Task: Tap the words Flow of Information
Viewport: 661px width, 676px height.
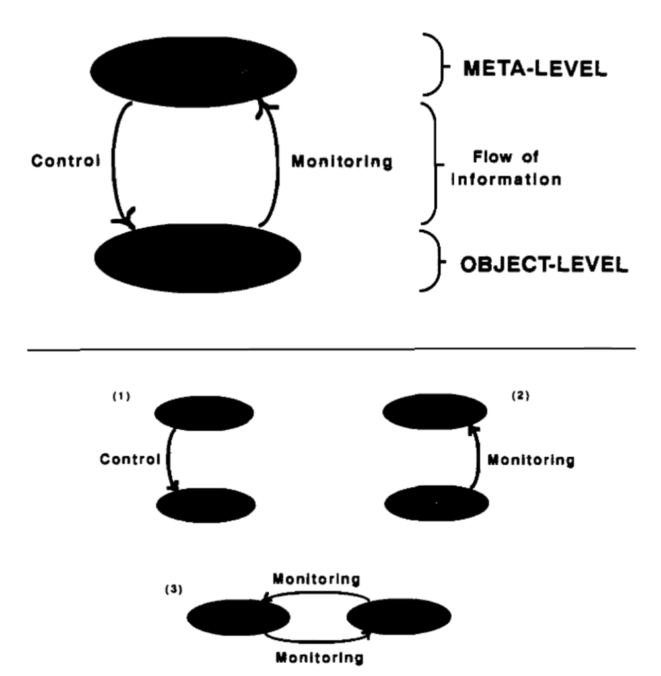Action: click(506, 168)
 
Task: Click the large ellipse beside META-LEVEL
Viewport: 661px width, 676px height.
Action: click(193, 70)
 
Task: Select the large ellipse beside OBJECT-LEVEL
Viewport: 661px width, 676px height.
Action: click(197, 257)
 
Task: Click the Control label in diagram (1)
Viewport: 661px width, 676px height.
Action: click(130, 460)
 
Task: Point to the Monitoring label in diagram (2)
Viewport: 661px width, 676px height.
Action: click(530, 460)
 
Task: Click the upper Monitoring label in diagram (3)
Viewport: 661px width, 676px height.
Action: click(316, 579)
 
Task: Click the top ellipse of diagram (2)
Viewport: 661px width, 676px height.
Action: click(435, 412)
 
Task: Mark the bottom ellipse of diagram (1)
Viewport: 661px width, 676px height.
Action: click(206, 505)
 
